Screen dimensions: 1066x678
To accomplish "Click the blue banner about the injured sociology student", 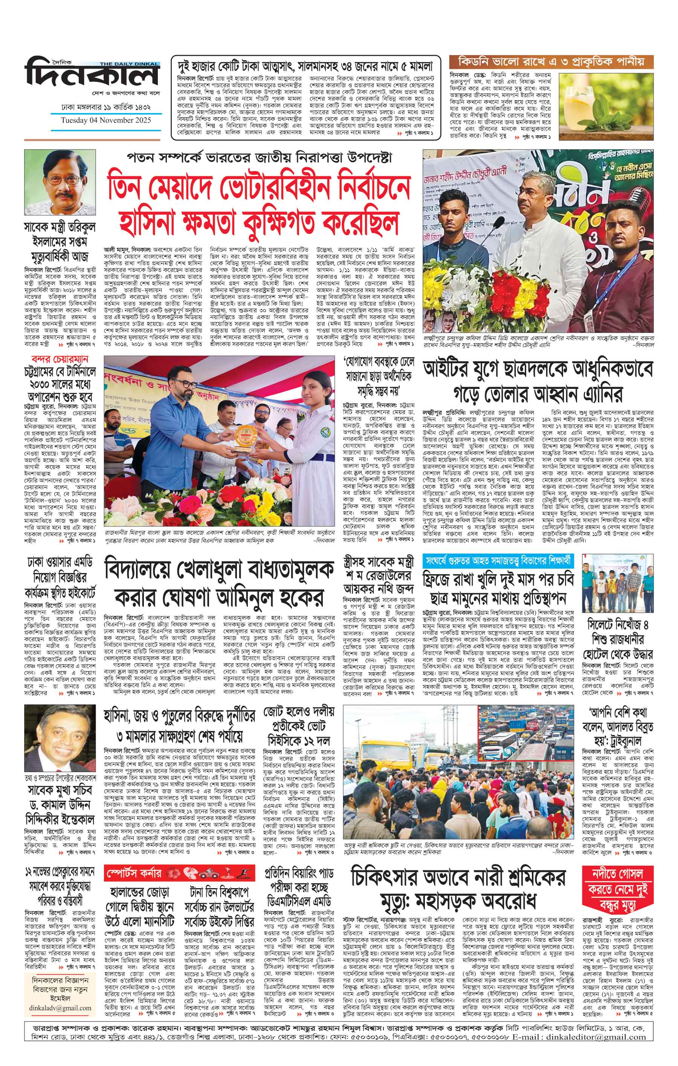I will click(x=496, y=559).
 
